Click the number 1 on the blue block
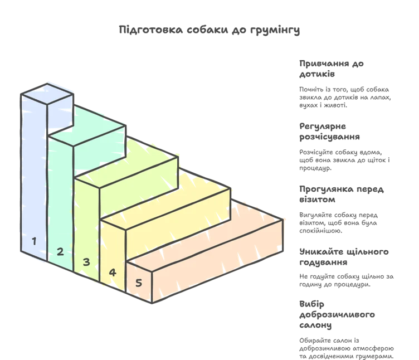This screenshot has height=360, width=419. pos(35,241)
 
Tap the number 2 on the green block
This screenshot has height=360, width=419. pos(60,251)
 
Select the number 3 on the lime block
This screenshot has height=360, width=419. pos(86,261)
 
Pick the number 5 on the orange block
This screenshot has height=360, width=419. pos(139,283)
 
